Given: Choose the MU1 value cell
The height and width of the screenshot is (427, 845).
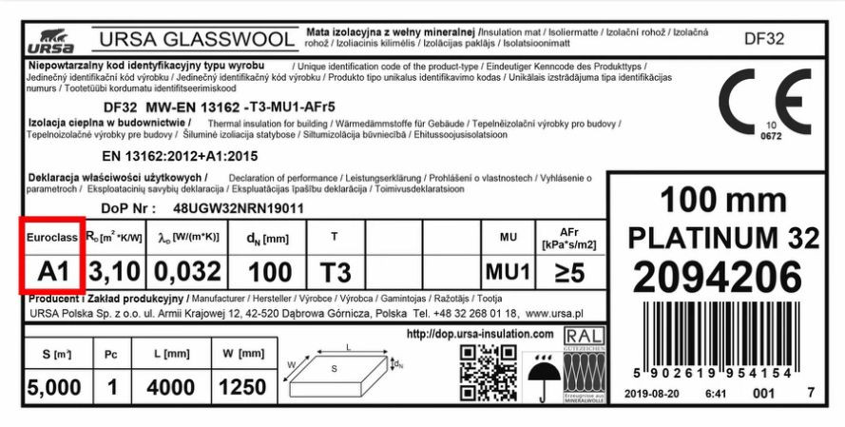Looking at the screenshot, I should point(506,272).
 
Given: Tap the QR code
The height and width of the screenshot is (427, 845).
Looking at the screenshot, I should point(488,372).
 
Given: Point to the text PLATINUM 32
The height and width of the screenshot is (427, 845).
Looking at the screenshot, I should point(723,238).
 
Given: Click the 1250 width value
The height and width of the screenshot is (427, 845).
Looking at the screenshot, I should point(243,387).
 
